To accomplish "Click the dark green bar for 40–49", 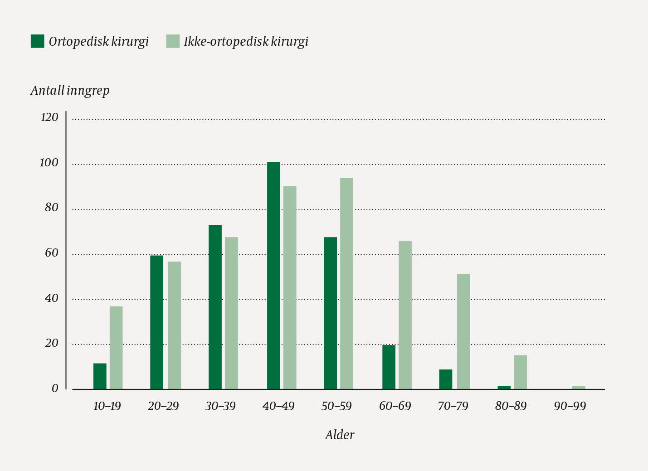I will (x=273, y=275).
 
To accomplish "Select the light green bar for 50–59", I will (x=346, y=283).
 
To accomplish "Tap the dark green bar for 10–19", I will (x=100, y=376).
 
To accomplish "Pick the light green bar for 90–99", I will (x=579, y=387).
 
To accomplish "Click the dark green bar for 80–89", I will (x=504, y=387).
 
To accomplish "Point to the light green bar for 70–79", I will (x=463, y=331).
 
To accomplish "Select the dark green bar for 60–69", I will (x=389, y=367).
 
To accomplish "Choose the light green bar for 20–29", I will (x=175, y=325).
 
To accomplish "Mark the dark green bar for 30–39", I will (x=215, y=307).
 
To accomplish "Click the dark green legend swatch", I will (x=37, y=41).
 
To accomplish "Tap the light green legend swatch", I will (x=173, y=41).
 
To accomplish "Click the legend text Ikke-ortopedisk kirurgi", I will (x=246, y=42).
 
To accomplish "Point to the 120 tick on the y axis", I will (x=49, y=117).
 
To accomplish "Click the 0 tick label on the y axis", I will (x=55, y=388).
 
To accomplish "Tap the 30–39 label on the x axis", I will (x=220, y=406).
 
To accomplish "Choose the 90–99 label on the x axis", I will (x=570, y=406).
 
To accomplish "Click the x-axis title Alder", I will (x=340, y=435).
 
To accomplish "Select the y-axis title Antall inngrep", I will (x=70, y=91).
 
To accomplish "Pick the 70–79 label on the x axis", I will (x=453, y=406).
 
